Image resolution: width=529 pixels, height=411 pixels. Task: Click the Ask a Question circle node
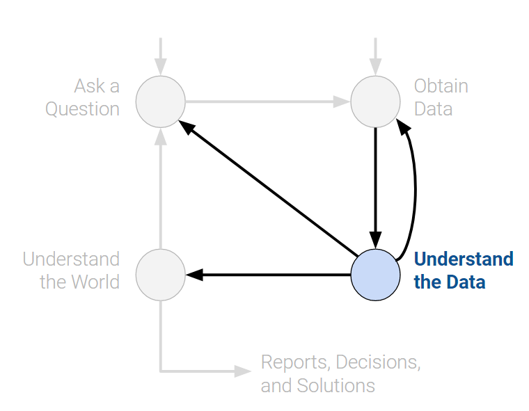coord(161,102)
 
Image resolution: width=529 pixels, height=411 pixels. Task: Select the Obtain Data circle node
coord(376,102)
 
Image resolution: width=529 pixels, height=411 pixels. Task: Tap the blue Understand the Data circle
coord(376,275)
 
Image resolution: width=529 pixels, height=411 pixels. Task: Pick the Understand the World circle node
coord(161,275)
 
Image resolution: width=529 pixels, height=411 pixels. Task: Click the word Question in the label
coord(82,109)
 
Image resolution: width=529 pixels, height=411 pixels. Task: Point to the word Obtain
coord(441,86)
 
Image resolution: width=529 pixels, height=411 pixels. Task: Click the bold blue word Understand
coord(464,259)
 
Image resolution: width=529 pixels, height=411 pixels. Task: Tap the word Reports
coord(294,362)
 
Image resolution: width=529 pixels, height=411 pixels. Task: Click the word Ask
coord(88,86)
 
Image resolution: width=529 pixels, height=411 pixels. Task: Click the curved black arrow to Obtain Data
coord(415,188)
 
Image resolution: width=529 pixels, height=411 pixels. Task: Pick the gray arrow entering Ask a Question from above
coord(161,56)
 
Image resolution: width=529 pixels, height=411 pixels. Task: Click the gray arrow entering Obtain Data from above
coord(376,56)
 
